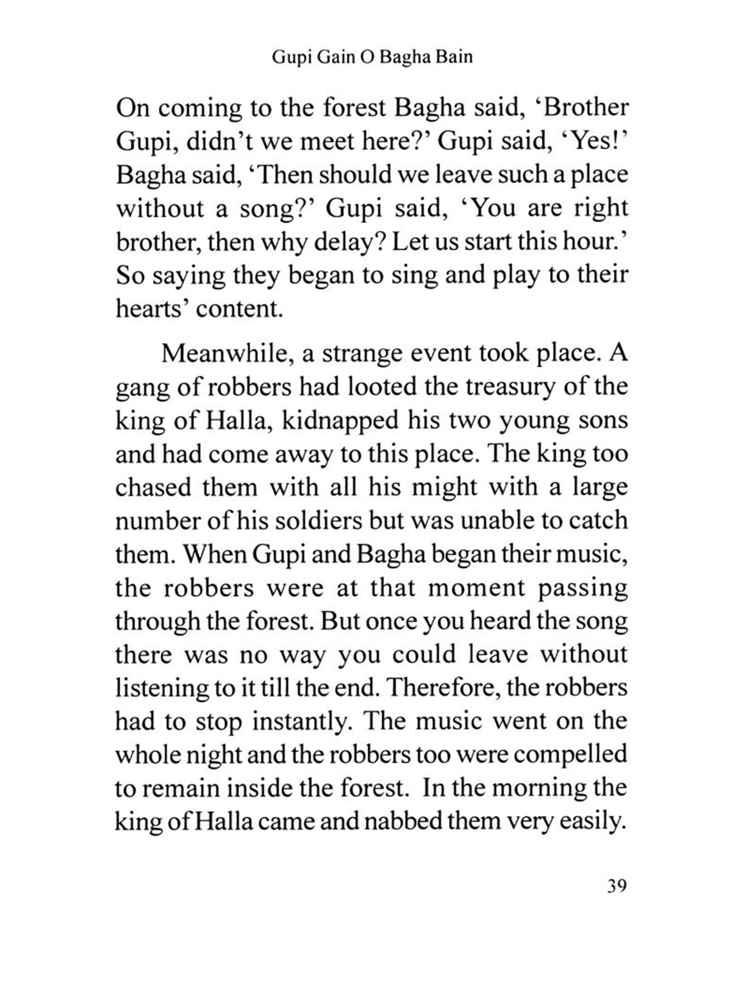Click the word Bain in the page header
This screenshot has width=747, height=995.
(x=454, y=58)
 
